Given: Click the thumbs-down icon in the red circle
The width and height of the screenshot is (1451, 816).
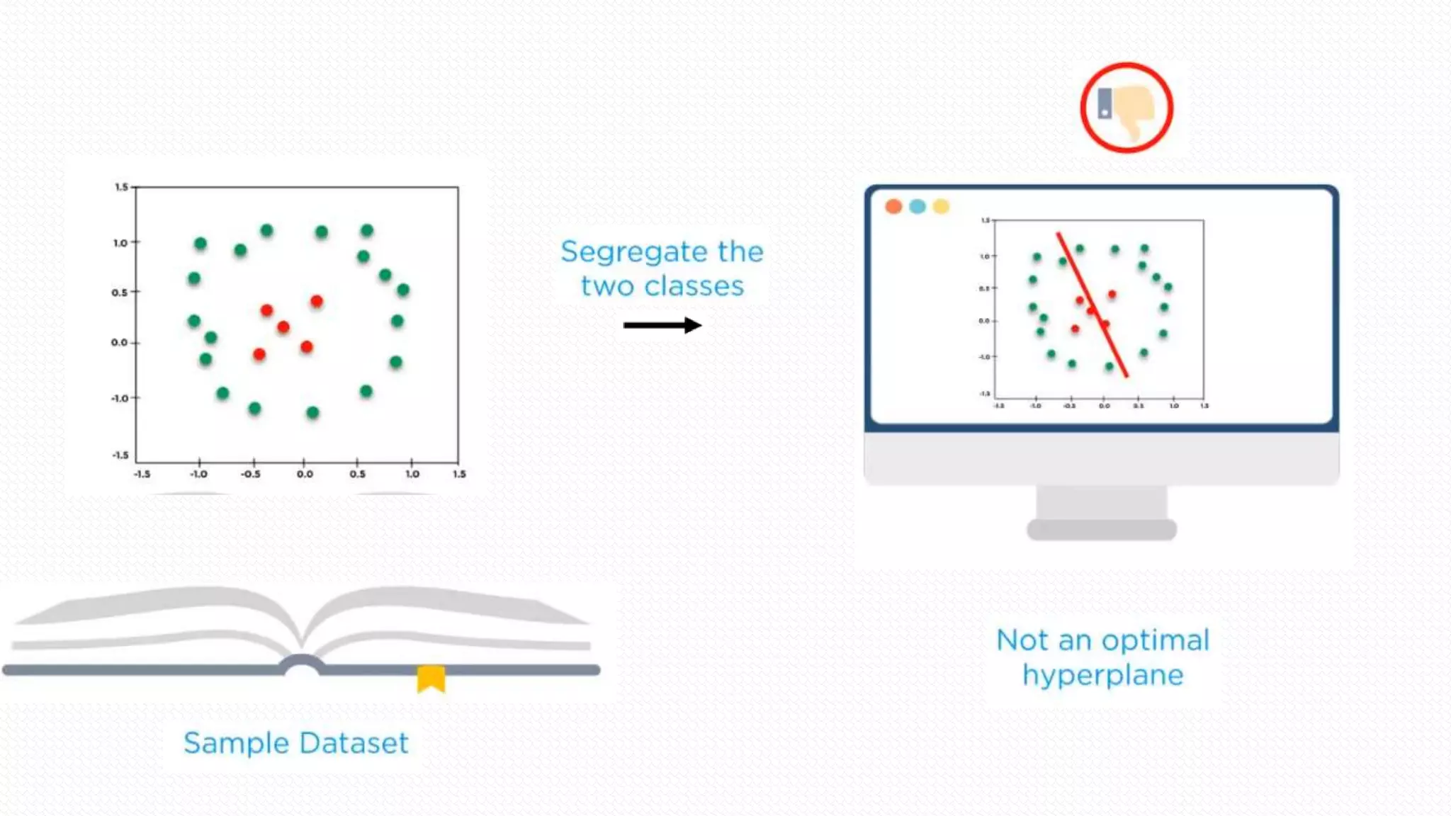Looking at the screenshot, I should tap(1128, 108).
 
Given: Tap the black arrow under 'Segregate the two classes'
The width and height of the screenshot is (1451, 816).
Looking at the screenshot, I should tap(662, 325).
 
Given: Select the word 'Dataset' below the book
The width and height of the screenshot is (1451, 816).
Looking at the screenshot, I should tap(354, 743).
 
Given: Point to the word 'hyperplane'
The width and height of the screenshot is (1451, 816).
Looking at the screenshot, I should tap(1102, 675).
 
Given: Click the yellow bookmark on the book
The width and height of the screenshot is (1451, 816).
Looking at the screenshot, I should tap(431, 678).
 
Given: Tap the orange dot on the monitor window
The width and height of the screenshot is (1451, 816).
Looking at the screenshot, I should tap(893, 206).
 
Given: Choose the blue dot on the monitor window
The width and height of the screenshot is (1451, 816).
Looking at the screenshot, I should tap(917, 206).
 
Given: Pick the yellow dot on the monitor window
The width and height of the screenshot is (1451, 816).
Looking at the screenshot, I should tap(941, 206).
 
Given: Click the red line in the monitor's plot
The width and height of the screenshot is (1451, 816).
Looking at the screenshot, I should tap(1092, 305).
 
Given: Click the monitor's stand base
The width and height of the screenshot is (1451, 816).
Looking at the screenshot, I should tap(1102, 529).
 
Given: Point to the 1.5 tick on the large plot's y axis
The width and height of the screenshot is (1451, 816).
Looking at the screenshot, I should tap(121, 187).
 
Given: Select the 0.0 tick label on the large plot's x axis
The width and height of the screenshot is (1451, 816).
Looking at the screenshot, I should tap(305, 474).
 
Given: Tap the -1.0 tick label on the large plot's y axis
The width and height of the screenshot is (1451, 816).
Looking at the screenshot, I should tap(120, 398).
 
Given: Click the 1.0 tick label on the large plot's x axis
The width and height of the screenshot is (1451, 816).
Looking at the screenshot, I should tap(412, 474).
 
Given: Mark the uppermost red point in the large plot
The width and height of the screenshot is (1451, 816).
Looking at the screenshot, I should tap(317, 302).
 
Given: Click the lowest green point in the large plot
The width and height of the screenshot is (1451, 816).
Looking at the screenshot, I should tap(312, 412).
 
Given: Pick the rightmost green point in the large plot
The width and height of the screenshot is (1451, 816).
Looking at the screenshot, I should tap(403, 290).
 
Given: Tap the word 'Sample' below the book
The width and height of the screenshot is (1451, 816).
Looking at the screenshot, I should tap(237, 743).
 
